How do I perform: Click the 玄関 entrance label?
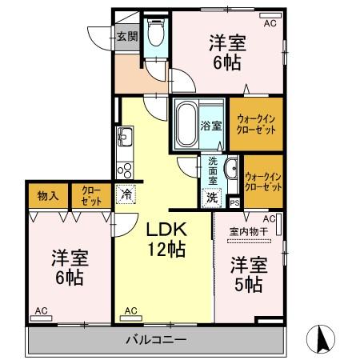(x=126, y=35)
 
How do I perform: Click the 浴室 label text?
(x=211, y=126)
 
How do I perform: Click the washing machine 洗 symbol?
(x=212, y=196)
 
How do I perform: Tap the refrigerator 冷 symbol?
(x=126, y=193)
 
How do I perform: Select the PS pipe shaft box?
(x=234, y=203)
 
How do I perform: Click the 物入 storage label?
(x=47, y=194)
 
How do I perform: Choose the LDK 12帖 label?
(x=165, y=238)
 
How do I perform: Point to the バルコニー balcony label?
(x=156, y=340)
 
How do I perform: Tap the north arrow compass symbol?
(x=323, y=338)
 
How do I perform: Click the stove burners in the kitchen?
(x=125, y=170)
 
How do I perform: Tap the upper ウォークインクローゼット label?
(x=256, y=125)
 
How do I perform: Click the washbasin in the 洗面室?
(x=231, y=168)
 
